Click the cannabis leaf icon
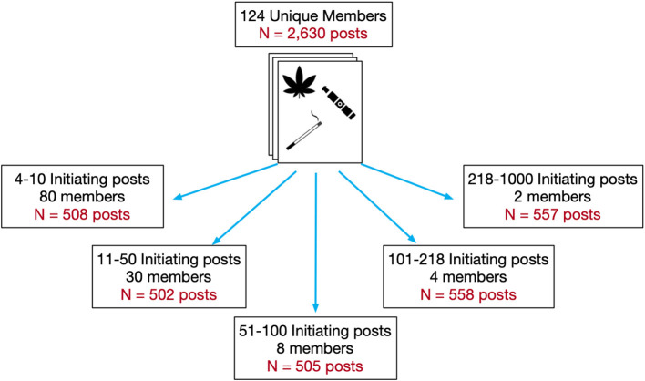click(x=300, y=87)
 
